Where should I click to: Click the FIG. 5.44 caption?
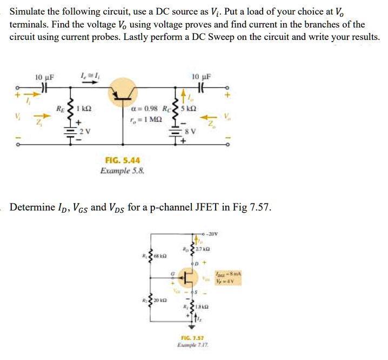pos(122,160)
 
